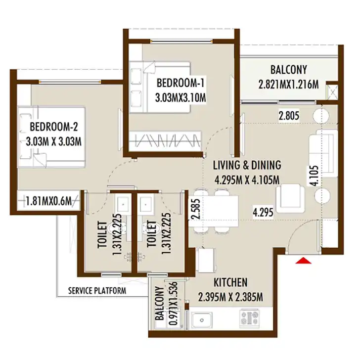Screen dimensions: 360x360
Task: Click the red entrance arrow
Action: click(303, 261)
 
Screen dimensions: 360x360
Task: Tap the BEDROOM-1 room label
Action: click(180, 83)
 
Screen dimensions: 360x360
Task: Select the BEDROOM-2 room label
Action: click(54, 127)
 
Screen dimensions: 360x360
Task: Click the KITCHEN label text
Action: click(230, 282)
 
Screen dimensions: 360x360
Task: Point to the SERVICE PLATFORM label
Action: click(97, 291)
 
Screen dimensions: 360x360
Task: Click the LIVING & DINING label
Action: click(247, 165)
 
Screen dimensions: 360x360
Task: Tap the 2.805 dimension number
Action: click(289, 116)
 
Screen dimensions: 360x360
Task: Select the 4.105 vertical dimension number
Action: click(314, 176)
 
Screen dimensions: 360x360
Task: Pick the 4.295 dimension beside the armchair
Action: click(263, 212)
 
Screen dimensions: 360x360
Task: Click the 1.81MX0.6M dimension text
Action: click(48, 201)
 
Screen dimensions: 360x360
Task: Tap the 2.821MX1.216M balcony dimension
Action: click(289, 85)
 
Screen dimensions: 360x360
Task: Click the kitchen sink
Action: click(202, 320)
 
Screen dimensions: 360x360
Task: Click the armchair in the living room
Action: click(290, 198)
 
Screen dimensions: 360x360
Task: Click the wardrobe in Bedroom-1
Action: click(165, 140)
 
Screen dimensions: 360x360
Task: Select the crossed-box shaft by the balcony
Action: click(332, 92)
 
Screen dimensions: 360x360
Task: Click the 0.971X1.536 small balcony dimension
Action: click(174, 303)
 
